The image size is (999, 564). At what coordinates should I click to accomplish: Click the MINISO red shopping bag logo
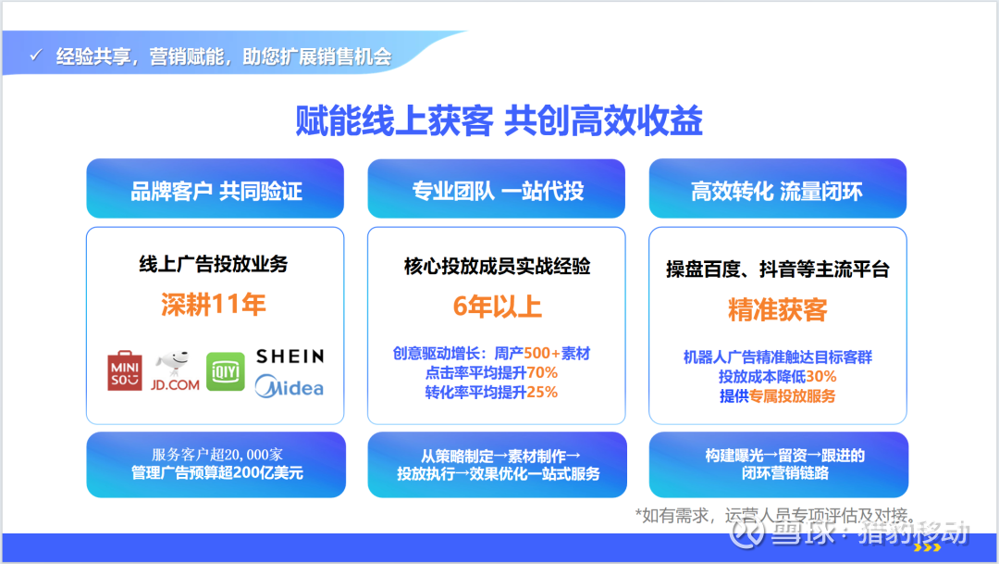[125, 370]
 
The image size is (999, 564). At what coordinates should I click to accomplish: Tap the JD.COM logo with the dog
[175, 370]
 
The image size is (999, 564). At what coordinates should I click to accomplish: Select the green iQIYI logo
[226, 371]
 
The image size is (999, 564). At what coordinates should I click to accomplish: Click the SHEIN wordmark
[290, 356]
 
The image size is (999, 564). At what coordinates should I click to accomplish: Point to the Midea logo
[290, 386]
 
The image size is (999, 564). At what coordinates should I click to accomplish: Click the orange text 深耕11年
[214, 305]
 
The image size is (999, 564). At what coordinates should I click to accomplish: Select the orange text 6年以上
[497, 307]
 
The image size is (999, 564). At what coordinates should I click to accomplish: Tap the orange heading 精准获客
[777, 310]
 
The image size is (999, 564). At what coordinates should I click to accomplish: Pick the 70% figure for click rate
[542, 372]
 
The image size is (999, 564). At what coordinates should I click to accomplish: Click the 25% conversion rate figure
[542, 392]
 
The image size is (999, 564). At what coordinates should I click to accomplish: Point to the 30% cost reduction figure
[821, 376]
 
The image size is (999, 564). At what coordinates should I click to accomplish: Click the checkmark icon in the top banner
[36, 56]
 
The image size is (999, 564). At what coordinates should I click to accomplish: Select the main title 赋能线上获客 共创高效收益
[499, 120]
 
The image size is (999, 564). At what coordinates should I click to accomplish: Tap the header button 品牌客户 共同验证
[216, 189]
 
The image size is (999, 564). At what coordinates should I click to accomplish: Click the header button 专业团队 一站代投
[497, 189]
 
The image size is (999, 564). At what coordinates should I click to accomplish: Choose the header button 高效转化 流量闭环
[777, 189]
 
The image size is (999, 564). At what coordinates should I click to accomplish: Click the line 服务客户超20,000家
[217, 455]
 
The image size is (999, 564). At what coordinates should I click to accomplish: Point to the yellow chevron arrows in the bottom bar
[927, 547]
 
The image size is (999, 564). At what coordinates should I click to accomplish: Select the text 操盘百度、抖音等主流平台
[777, 269]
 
